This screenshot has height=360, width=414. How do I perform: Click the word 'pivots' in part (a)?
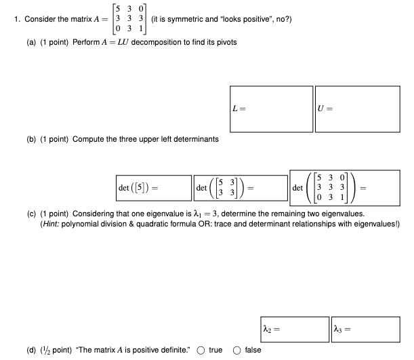pos(224,43)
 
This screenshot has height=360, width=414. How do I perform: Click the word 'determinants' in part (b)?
pos(196,139)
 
